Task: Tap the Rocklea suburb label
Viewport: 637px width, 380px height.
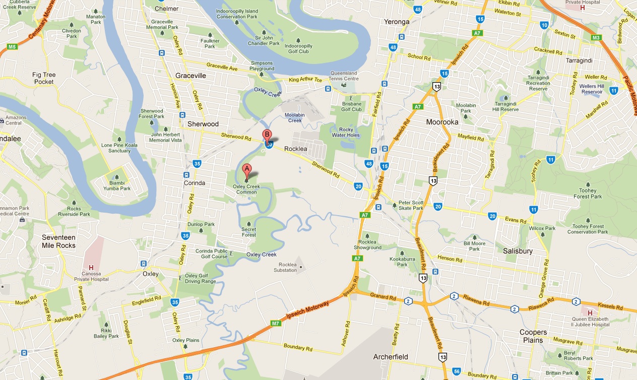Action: click(x=296, y=149)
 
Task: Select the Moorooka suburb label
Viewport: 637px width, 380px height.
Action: click(x=442, y=122)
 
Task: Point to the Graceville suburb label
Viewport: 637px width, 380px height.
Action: click(x=191, y=76)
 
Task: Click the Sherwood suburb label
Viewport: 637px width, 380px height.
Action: click(x=203, y=124)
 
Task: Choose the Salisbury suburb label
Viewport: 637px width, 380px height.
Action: click(x=518, y=251)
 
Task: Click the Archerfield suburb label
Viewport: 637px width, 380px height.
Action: click(x=391, y=357)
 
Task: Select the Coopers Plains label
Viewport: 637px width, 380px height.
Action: click(x=533, y=336)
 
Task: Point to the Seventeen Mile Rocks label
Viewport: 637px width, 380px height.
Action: click(x=58, y=241)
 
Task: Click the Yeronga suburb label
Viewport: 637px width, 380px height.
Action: click(x=397, y=22)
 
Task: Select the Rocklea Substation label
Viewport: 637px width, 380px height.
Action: click(x=288, y=268)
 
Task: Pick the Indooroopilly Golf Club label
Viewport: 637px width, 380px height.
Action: click(x=298, y=48)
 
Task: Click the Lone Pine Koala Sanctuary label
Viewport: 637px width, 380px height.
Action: click(x=116, y=148)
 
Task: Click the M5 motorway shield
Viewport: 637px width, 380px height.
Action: click(x=12, y=47)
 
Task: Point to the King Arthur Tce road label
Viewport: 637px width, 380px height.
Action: click(x=305, y=80)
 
